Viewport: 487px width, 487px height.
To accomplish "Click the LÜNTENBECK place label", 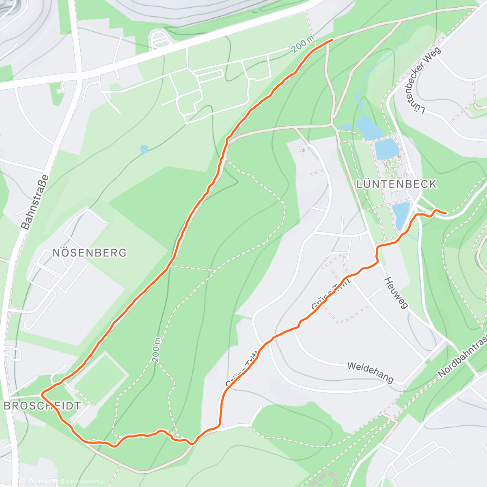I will (396, 184).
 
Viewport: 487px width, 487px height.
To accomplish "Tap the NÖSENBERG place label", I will (89, 253).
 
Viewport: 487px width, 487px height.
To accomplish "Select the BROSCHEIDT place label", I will (42, 405).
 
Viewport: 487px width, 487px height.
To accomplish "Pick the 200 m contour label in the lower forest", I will (157, 349).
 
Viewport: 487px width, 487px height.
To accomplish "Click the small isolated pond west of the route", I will (144, 149).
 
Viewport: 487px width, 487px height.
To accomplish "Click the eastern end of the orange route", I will (446, 213).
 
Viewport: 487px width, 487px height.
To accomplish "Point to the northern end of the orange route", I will (332, 40).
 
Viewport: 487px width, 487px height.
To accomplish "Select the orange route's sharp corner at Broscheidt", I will (42, 394).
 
